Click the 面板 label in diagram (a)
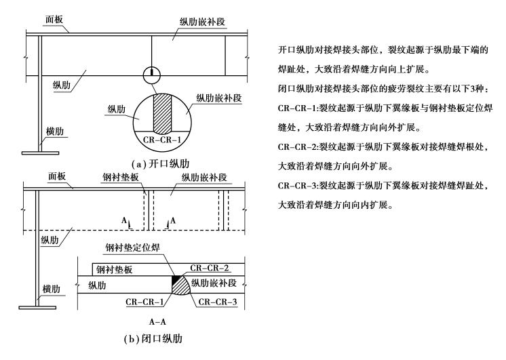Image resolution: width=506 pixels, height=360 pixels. [55, 20]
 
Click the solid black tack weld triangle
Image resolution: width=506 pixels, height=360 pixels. [175, 278]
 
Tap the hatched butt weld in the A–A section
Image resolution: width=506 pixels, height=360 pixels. [180, 287]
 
